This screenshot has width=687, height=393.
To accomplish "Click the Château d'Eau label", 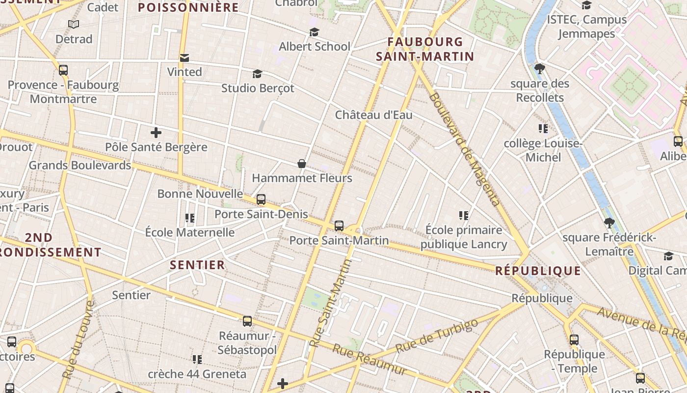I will [x=373, y=115].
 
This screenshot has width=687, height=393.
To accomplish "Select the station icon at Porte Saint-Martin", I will [x=339, y=226].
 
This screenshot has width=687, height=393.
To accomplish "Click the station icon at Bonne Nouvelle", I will [x=261, y=199].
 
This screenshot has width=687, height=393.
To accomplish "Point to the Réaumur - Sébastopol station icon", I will [x=247, y=321].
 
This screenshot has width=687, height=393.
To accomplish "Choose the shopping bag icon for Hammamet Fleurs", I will [x=302, y=164].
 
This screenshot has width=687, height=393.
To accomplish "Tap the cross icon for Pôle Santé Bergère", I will [x=156, y=133].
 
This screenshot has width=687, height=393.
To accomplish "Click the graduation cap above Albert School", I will [x=314, y=32].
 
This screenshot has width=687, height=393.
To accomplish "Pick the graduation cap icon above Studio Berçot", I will [x=257, y=74].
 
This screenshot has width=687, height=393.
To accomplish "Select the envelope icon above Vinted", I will [x=185, y=58].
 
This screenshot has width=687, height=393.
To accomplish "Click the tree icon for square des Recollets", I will [x=540, y=69].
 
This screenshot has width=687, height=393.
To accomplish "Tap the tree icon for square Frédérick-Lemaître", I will [x=609, y=223].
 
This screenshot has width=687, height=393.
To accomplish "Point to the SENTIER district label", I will [x=197, y=265].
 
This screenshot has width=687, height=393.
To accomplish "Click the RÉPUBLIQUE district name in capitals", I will [x=538, y=271].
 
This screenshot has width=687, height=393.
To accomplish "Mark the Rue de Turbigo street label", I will [x=436, y=335].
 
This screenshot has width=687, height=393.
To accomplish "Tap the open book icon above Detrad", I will [x=74, y=25].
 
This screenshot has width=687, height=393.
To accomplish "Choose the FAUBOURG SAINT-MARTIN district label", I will [x=425, y=49].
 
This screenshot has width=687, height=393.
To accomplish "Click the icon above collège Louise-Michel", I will [x=543, y=129].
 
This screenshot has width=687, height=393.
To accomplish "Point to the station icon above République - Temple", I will [x=574, y=339].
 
